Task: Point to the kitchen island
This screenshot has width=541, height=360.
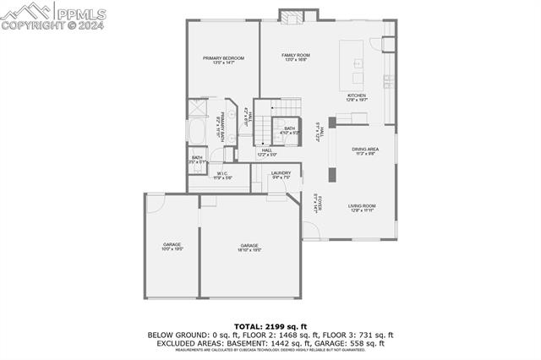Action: [x=352, y=64]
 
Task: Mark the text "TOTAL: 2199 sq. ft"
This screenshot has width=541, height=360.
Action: [x=270, y=326]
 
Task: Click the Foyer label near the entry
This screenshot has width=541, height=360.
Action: [x=317, y=203]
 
